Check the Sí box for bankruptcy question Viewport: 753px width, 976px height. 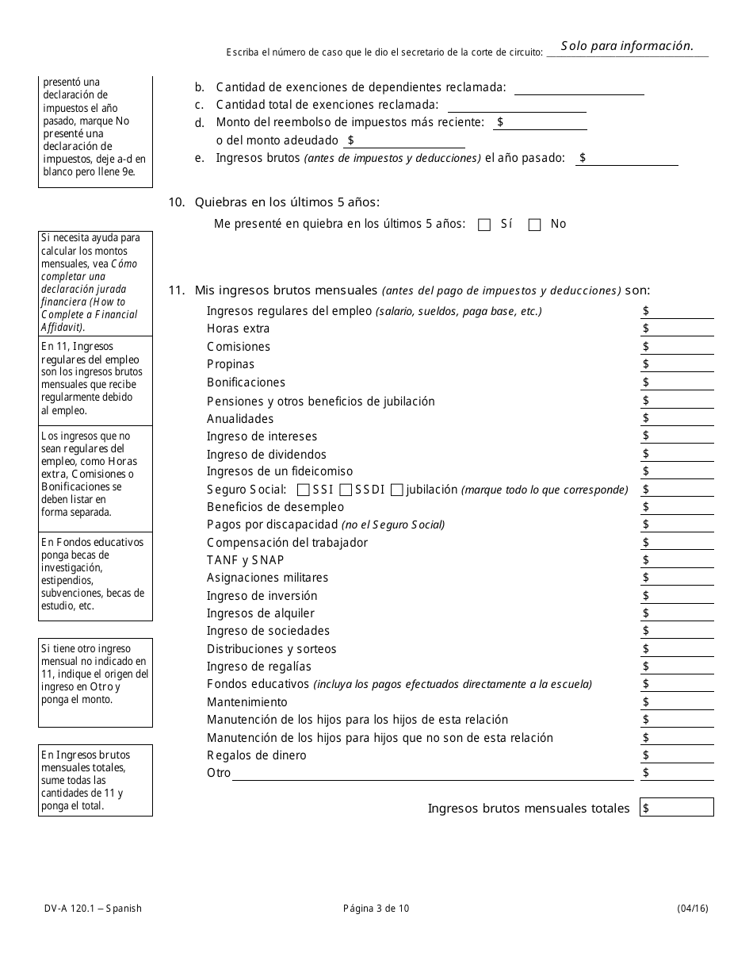point(484,225)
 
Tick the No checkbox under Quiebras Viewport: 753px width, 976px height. point(534,225)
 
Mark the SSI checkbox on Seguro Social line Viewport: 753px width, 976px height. point(303,490)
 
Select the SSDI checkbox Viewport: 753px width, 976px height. point(345,490)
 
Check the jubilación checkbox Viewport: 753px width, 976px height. point(396,490)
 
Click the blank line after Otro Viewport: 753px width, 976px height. point(433,774)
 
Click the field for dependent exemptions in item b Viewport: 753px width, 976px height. point(579,88)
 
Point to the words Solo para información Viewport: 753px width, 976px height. point(627,46)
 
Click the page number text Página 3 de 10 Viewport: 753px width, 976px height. point(376,909)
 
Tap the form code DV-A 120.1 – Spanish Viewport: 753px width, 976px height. point(93,909)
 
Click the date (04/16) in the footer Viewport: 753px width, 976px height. point(693,909)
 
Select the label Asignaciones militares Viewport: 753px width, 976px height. point(267,578)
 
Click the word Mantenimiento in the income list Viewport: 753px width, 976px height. point(247,702)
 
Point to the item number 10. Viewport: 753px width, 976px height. point(176,202)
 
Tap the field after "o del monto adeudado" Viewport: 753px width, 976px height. point(409,140)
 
